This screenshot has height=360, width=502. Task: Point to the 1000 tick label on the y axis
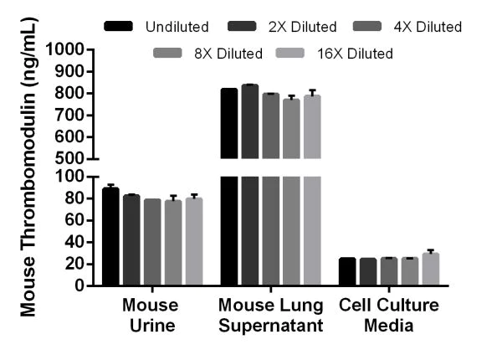[66, 49]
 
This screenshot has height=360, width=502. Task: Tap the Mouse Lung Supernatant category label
[271, 315]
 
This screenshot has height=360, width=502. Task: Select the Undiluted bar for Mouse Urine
[110, 237]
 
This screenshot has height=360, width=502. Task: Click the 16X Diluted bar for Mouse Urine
[194, 242]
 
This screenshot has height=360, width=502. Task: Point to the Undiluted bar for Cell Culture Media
[347, 272]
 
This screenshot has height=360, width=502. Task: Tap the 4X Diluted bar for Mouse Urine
[152, 242]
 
